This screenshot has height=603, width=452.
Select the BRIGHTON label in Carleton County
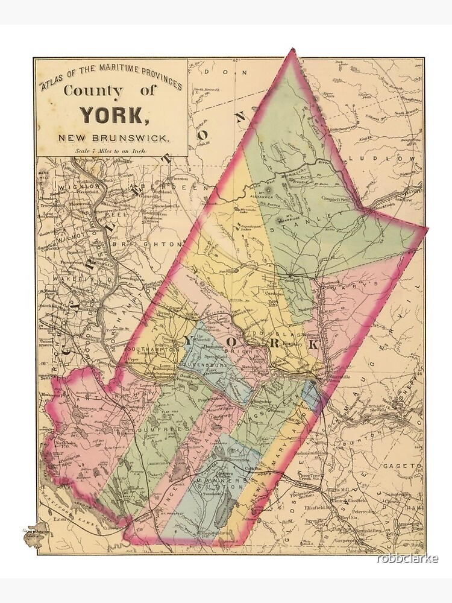pos(154,244)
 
